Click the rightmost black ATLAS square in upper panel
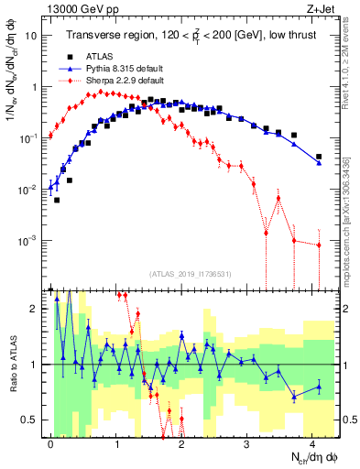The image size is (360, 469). click(319, 157)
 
